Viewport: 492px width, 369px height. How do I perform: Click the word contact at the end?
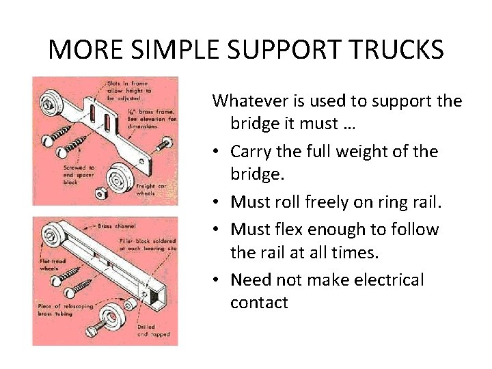pos(259,303)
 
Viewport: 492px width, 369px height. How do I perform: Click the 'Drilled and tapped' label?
pos(152,331)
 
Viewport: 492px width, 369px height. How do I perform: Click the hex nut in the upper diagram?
pos(99,193)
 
